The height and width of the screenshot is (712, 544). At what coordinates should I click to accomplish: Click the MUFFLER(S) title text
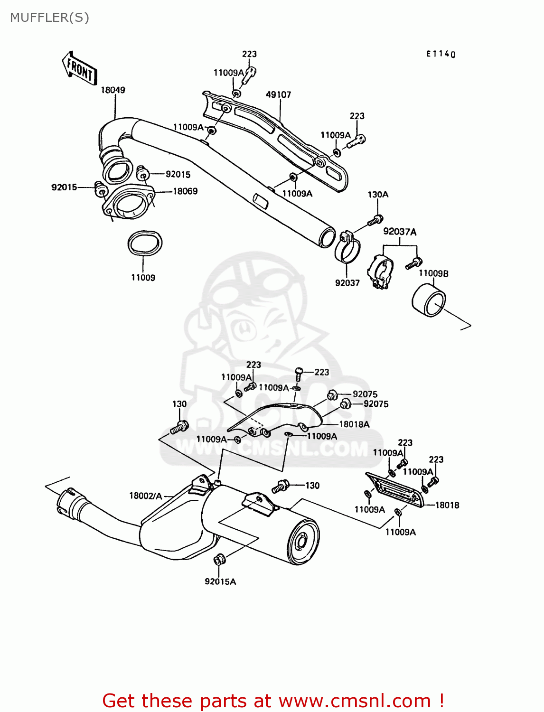[49, 18]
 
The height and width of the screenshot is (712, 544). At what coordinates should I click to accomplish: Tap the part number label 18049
[113, 90]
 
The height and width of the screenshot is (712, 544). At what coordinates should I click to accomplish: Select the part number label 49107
[278, 94]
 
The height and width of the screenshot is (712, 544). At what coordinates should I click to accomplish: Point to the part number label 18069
[185, 191]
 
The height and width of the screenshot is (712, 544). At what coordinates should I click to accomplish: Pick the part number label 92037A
[400, 232]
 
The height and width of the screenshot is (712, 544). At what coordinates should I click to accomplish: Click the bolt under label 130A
[375, 221]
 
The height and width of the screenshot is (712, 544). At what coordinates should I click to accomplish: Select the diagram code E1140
[441, 54]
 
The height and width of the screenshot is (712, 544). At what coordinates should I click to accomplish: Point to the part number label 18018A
[354, 424]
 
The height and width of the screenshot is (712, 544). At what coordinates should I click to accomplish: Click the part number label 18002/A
[145, 496]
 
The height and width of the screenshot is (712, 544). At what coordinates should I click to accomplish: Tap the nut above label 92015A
[220, 560]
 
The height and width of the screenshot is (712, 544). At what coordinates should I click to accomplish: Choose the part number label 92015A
[220, 581]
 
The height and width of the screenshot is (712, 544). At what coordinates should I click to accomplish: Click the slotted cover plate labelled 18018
[394, 489]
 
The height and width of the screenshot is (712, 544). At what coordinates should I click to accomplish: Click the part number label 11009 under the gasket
[143, 278]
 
